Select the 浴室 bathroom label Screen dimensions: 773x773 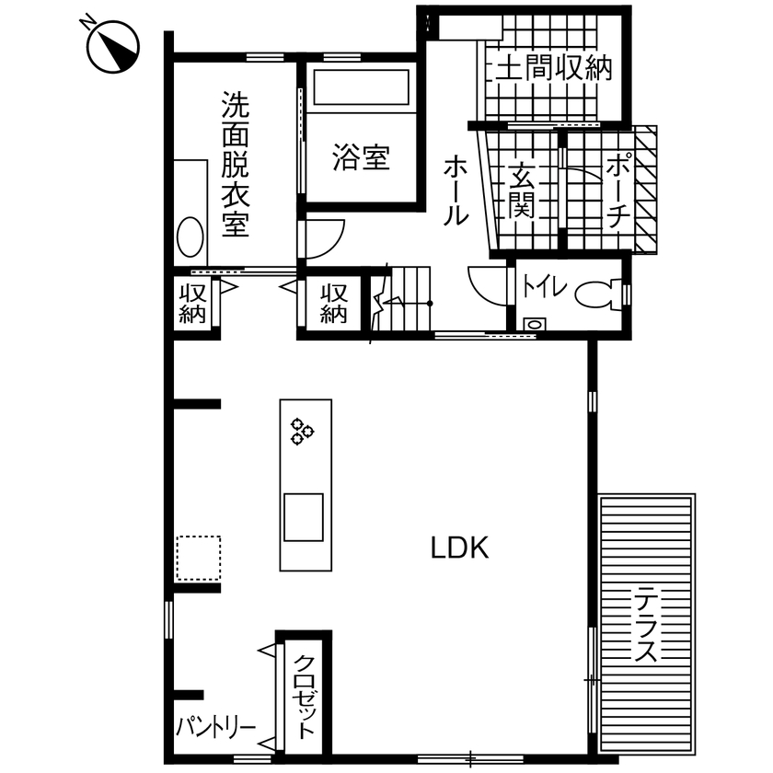[x=361, y=158]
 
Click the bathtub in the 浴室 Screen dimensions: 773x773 [x=361, y=89]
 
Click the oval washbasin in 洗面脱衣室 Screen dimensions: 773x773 [x=190, y=237]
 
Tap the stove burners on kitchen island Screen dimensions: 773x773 [x=302, y=431]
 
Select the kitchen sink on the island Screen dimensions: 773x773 [x=304, y=517]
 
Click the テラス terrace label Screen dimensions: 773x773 [x=645, y=626]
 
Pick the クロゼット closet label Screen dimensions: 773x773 [x=304, y=696]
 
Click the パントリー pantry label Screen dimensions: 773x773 [x=216, y=728]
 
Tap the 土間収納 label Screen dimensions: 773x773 [x=553, y=70]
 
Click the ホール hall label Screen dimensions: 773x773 [x=456, y=191]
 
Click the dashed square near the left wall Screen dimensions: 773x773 [x=198, y=558]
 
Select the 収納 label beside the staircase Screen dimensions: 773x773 [x=333, y=304]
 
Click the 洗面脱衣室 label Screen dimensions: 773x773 [x=235, y=164]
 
